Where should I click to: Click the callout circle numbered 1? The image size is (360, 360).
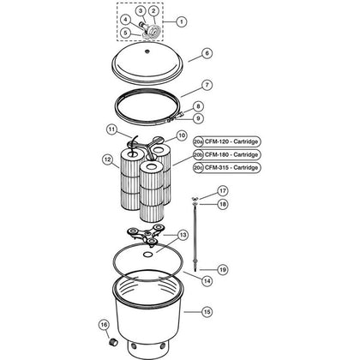tap(182, 21)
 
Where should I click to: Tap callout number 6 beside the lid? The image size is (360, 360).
tap(207, 53)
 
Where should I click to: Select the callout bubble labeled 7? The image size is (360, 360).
tap(207, 85)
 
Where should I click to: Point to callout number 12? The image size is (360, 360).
tap(107, 159)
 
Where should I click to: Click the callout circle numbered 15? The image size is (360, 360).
tap(207, 311)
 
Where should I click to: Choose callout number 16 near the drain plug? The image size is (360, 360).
tap(104, 325)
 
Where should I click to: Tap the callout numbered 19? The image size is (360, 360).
tap(223, 269)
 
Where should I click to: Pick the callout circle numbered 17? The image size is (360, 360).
tap(223, 190)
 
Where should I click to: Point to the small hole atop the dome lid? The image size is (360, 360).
tap(147, 51)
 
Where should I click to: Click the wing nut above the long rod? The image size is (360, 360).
tap(195, 199)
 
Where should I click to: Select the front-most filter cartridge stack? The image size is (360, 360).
tap(152, 191)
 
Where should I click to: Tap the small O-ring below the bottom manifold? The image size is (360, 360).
tap(148, 254)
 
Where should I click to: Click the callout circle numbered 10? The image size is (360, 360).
tap(182, 135)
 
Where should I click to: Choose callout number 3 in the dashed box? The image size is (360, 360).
tap(141, 11)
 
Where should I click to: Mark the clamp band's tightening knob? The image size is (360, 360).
tap(181, 115)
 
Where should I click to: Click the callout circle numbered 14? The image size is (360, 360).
tap(207, 281)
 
